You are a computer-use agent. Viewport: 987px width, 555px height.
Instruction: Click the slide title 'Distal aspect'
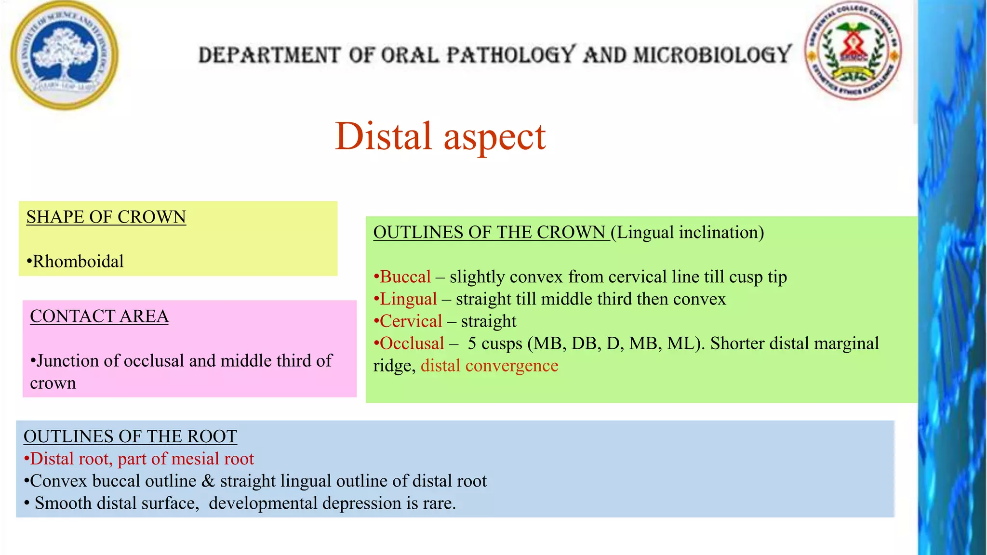point(440,136)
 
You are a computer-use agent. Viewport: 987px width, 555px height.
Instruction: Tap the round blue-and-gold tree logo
point(65,55)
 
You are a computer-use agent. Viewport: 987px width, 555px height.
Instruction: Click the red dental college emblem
point(854,50)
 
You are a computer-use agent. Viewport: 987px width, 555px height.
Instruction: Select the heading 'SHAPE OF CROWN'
point(106,217)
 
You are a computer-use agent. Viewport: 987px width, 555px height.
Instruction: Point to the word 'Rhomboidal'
point(78,262)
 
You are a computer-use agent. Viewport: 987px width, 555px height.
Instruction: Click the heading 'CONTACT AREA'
point(99,317)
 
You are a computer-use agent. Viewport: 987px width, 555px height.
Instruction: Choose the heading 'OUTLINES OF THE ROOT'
point(130,436)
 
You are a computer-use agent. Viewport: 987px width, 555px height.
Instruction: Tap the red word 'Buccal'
point(405,277)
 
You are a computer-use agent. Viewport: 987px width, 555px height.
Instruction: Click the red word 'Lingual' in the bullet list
point(408,299)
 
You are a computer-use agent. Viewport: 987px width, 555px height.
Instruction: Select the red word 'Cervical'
point(411,321)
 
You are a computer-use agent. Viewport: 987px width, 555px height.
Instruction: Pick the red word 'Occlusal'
point(412,344)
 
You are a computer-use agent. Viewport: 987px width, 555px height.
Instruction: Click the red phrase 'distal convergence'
point(489,366)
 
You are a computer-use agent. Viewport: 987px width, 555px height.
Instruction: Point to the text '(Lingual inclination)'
point(688,233)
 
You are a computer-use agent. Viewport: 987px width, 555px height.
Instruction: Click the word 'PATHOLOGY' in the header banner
point(511,55)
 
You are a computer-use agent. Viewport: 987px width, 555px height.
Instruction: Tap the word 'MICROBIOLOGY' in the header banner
point(712,55)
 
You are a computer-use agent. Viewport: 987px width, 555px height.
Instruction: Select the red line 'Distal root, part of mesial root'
point(141,459)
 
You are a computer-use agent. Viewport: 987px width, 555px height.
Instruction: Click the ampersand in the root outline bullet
point(208,481)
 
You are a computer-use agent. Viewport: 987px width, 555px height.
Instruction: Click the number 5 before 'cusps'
point(472,344)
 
